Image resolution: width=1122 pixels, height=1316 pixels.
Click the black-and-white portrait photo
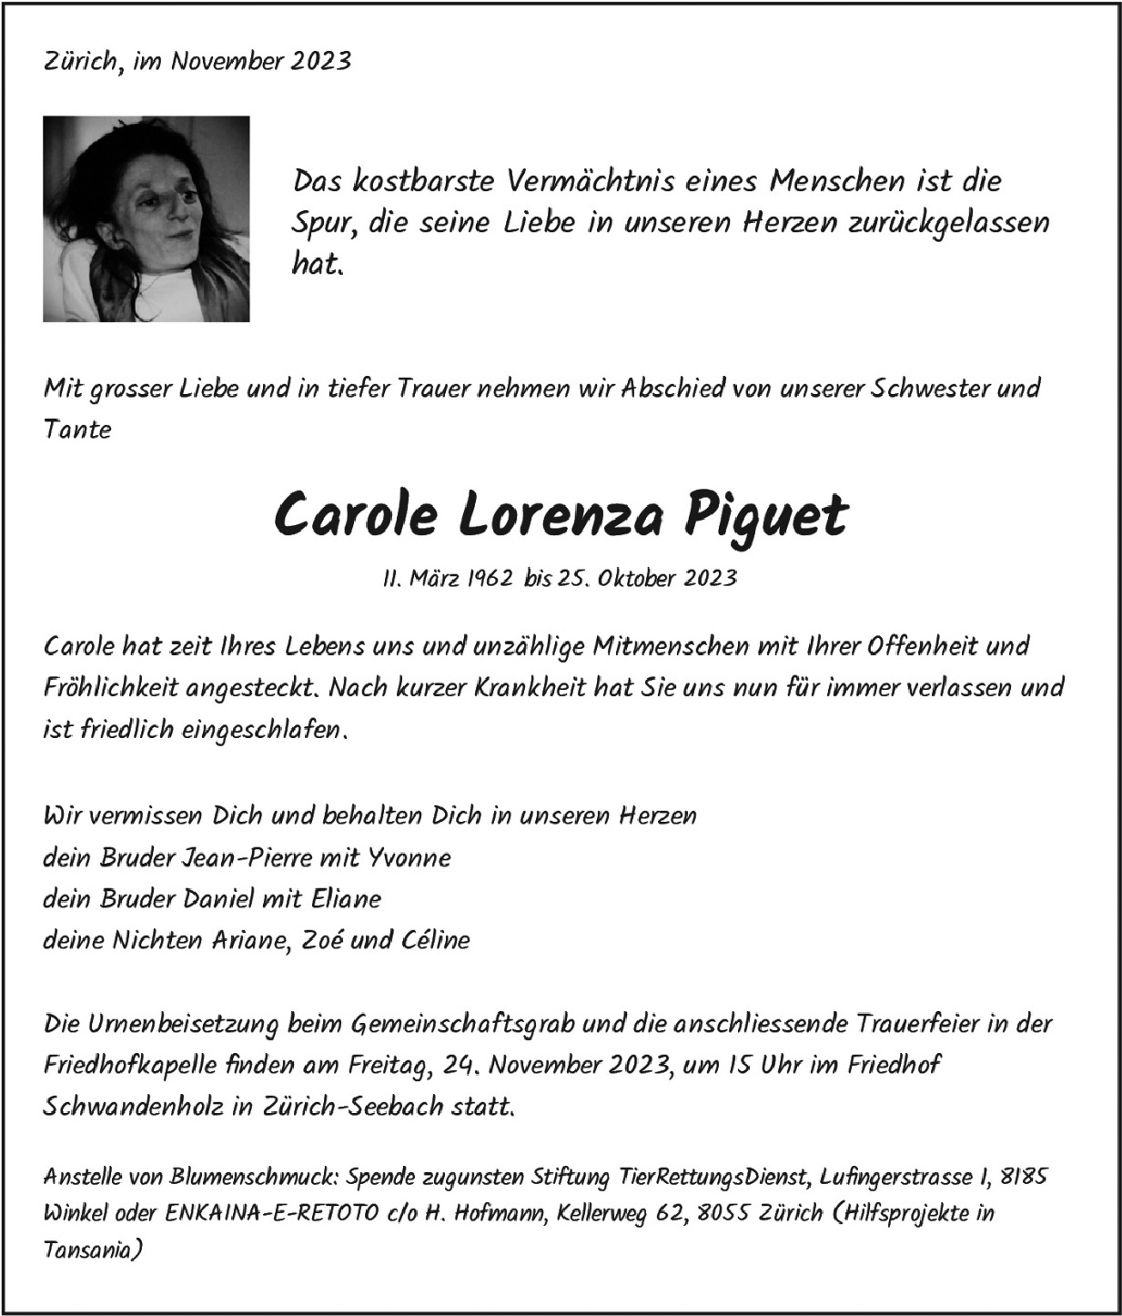click(x=146, y=218)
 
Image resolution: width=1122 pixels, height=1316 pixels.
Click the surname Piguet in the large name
click(x=765, y=515)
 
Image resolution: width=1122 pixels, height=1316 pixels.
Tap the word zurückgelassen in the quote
click(x=948, y=223)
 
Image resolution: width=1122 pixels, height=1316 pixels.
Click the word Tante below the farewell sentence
click(x=77, y=430)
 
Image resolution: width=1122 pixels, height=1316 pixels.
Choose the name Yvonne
click(x=409, y=857)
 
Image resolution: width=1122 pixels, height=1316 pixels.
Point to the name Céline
click(x=433, y=939)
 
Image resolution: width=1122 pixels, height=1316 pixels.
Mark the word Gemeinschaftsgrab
click(x=462, y=1024)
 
